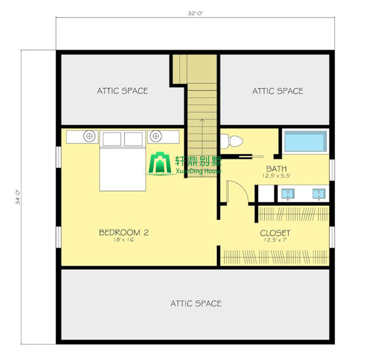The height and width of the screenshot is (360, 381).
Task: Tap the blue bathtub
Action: [305, 141]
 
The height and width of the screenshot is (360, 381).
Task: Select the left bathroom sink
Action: [288, 194]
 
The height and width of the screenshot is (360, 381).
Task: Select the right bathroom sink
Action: [319, 194]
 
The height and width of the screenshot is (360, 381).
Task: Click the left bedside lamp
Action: [89, 136]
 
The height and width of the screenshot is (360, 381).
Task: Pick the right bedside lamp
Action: [156, 136]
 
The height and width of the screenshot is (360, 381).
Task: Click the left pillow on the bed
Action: [112, 139]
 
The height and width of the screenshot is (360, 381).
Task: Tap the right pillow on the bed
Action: [133, 139]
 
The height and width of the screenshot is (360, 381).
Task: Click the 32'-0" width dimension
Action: [195, 14]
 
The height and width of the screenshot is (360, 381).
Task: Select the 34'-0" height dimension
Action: [18, 197]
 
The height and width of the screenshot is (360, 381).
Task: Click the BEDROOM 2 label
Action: [124, 233]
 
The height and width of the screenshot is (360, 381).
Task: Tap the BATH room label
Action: [276, 169]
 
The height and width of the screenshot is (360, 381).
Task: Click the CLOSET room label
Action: [275, 233]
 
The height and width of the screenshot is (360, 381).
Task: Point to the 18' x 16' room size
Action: [124, 240]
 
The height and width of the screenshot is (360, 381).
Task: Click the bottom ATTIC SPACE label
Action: [196, 303]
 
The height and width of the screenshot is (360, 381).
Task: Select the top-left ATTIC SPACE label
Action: [122, 91]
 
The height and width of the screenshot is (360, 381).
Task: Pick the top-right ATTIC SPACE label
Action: [278, 91]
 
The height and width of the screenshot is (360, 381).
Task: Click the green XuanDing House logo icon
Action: [160, 163]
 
